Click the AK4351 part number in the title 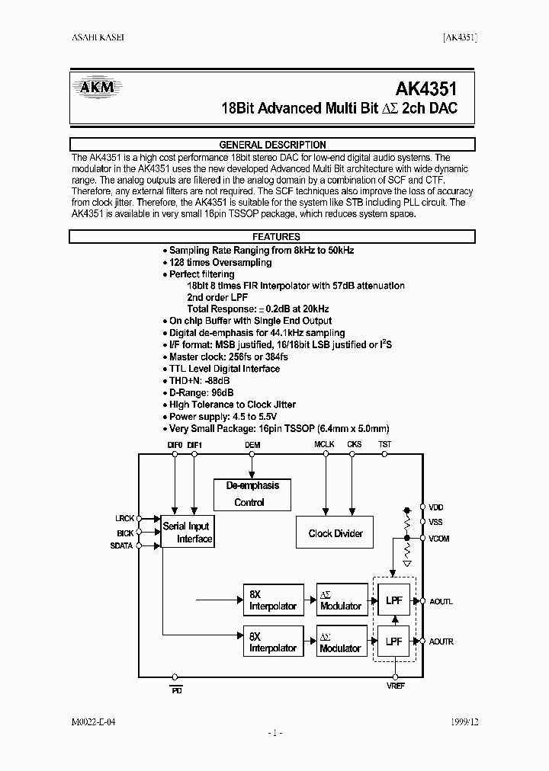click(427, 87)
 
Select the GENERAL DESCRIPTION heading click(272, 145)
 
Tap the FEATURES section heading click(276, 237)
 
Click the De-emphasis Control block click(252, 494)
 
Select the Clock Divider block click(335, 533)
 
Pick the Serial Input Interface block click(187, 533)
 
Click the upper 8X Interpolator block click(272, 600)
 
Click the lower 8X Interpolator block click(272, 641)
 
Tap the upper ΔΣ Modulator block click(341, 600)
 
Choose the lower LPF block click(394, 641)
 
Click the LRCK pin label click(125, 519)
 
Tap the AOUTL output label click(441, 601)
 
